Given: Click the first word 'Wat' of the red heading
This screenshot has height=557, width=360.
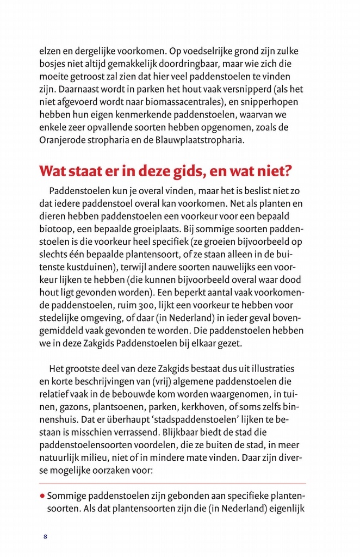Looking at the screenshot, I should click(53, 170).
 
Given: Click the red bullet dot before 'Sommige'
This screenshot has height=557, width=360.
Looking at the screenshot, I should click(41, 497).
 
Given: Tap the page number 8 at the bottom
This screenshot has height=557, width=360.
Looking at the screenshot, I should click(46, 537).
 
